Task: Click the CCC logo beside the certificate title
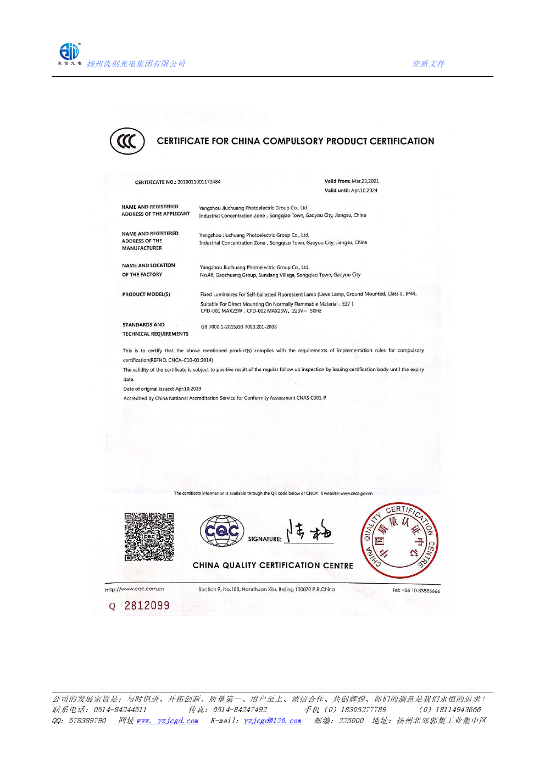click(127, 141)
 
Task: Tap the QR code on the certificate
click(149, 537)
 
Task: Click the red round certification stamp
click(399, 541)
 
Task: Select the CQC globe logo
click(222, 531)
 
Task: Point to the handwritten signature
click(309, 531)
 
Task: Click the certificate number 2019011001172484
click(199, 182)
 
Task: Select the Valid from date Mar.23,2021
click(365, 181)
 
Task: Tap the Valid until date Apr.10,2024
click(364, 191)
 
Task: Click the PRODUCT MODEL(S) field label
click(146, 295)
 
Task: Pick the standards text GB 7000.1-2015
click(218, 327)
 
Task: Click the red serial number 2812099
click(147, 606)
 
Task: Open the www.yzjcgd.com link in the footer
click(168, 721)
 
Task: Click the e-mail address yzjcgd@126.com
click(272, 721)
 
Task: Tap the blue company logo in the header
click(69, 52)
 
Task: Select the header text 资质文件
click(429, 64)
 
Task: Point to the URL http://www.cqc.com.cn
click(135, 589)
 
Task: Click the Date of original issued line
click(163, 389)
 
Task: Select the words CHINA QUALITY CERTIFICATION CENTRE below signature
click(272, 565)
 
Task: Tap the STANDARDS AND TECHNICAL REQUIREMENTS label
click(155, 329)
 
